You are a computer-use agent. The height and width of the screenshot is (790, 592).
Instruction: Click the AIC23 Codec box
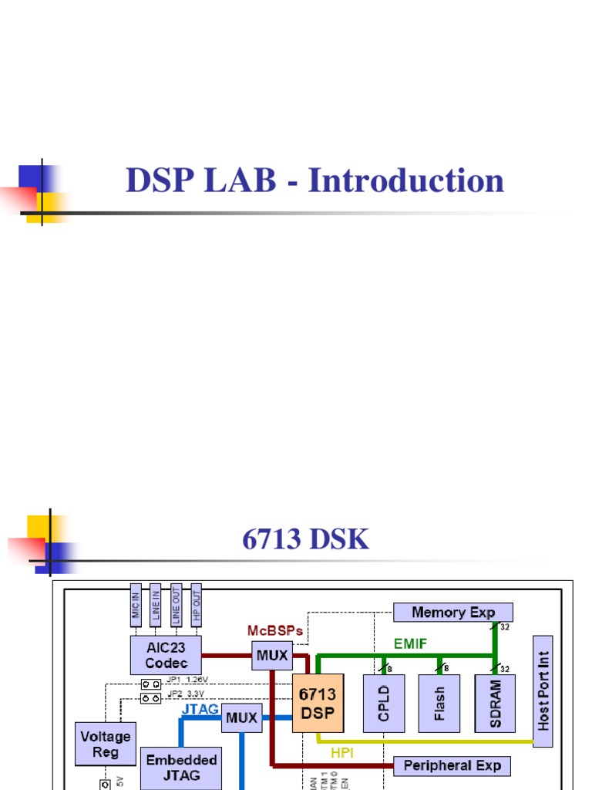click(x=166, y=656)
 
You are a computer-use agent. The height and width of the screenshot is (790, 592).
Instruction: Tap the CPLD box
click(x=384, y=704)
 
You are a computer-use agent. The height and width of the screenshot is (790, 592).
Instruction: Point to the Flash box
click(x=439, y=704)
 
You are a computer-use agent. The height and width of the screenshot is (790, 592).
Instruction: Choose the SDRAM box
click(x=495, y=704)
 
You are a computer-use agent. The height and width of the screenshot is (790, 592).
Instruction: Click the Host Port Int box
click(x=543, y=691)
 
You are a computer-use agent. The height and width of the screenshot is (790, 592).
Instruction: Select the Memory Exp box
click(x=453, y=613)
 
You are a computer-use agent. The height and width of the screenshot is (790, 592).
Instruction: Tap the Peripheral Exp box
click(x=452, y=766)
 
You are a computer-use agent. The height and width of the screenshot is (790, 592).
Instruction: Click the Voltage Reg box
click(x=106, y=744)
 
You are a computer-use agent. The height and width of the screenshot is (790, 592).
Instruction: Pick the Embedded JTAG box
click(x=182, y=768)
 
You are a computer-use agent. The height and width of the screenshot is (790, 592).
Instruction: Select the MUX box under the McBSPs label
click(x=272, y=657)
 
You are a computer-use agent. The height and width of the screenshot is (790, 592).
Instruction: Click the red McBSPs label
click(x=275, y=630)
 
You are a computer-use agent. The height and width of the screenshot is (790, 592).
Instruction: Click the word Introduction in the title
click(x=406, y=181)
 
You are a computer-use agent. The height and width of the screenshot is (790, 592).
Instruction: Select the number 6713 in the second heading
click(x=272, y=539)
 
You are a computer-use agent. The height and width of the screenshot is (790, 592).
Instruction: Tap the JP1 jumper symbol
click(x=150, y=684)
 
